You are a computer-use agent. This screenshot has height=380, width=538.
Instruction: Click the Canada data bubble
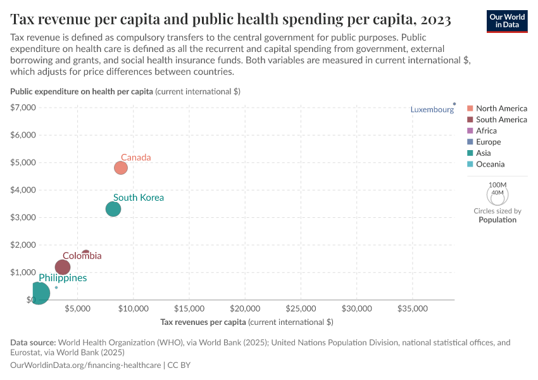[x=121, y=168]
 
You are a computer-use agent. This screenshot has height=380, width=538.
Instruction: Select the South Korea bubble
[x=113, y=209]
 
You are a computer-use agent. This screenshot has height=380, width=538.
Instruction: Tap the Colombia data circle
[x=63, y=267]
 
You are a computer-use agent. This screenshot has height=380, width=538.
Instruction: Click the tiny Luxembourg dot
[x=454, y=104]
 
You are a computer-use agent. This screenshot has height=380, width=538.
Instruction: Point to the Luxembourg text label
[x=432, y=110]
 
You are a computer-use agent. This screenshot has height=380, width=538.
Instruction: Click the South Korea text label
[x=138, y=198]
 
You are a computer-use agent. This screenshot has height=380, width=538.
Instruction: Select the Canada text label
[x=135, y=157]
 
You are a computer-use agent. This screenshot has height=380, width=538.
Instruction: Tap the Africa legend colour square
[x=470, y=131]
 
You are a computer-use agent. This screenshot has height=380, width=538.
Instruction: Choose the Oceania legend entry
[x=490, y=164]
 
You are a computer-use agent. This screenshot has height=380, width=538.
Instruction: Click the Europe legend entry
[x=488, y=142]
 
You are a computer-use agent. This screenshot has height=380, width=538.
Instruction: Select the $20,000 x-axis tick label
[x=245, y=309]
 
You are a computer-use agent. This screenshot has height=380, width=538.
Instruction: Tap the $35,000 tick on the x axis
[x=412, y=309]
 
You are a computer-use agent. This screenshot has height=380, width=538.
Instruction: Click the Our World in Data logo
[x=508, y=20]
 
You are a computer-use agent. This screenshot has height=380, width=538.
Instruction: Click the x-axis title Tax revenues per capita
[x=247, y=322]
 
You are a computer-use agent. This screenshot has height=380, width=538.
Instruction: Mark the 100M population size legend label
[x=497, y=185]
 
